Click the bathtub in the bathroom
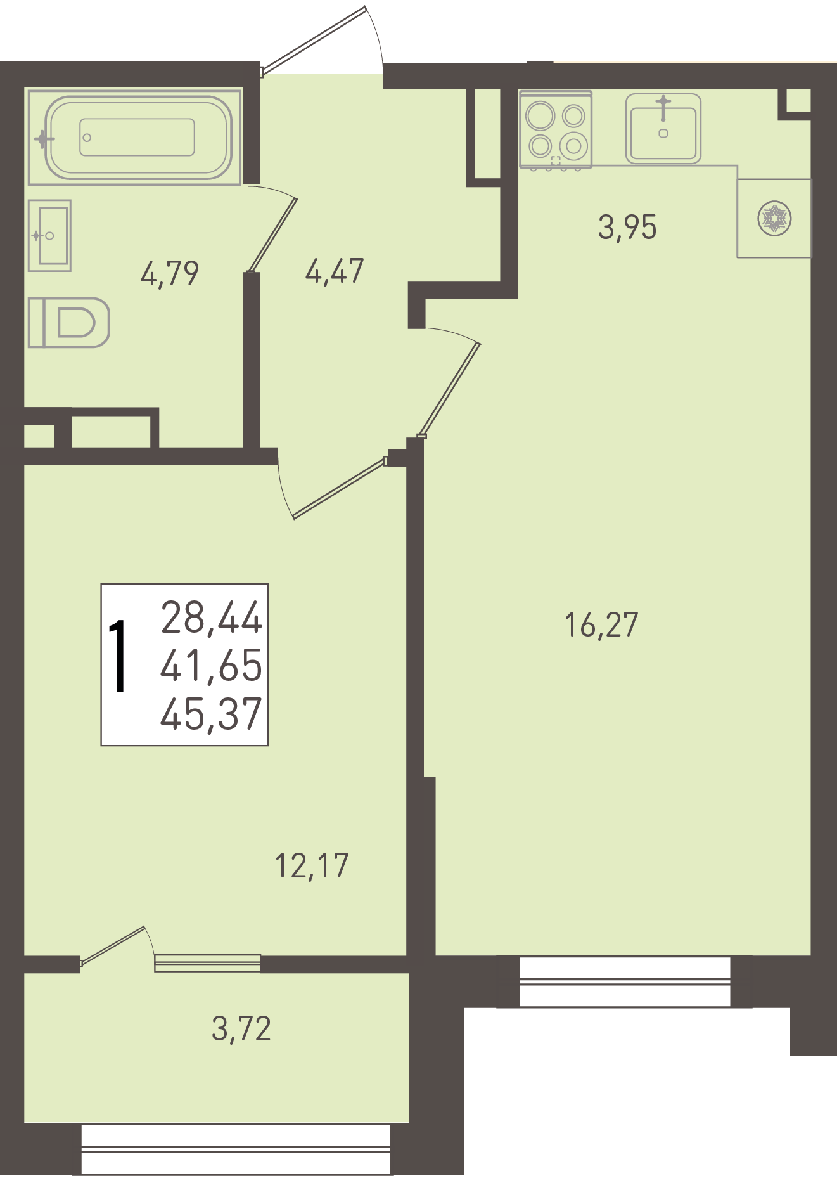pos(134,137)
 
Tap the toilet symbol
pos(69,323)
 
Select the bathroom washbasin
pos(49,236)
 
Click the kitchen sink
pos(663,129)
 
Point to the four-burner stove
pos(556,129)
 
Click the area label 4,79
pos(169,273)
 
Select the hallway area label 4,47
pos(334,271)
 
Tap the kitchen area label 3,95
pos(627,227)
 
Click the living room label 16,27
pos(601,624)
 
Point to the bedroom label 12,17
pos(312,865)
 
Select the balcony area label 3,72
pos(241,1028)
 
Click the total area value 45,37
pos(211,713)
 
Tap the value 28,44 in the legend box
pos(212,618)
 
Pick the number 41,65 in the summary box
pos(211,665)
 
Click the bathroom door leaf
pos(272,235)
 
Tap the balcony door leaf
pos(113,946)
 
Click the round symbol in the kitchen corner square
pos(774,219)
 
